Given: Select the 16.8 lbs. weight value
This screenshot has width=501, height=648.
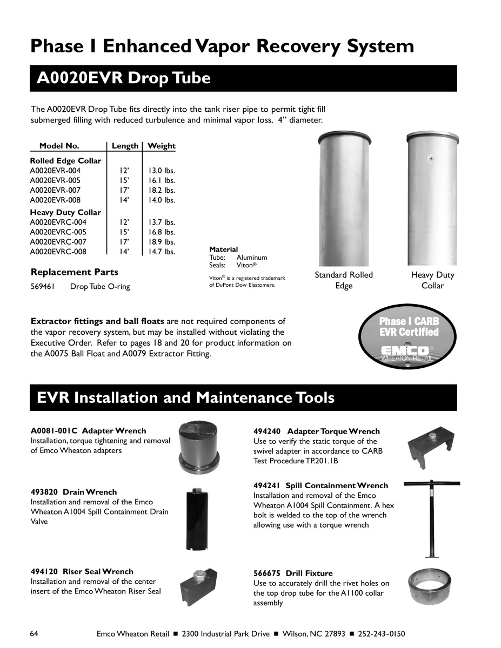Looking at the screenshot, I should click(162, 232).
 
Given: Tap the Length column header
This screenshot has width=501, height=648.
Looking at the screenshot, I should click(125, 146).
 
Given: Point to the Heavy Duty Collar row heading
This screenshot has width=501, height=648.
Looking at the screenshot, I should click(65, 212).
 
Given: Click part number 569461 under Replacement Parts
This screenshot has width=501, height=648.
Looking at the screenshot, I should click(42, 287).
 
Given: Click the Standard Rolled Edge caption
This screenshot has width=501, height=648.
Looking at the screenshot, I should click(344, 280).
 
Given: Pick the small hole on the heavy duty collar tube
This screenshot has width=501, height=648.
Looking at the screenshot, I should click(431, 159).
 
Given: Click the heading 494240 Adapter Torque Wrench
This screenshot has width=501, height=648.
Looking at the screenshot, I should click(316, 431).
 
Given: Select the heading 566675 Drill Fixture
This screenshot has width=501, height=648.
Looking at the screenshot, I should click(293, 573).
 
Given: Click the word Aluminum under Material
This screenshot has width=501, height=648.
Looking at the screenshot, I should click(251, 258).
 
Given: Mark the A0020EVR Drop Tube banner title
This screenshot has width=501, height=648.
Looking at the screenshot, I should click(123, 78).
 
